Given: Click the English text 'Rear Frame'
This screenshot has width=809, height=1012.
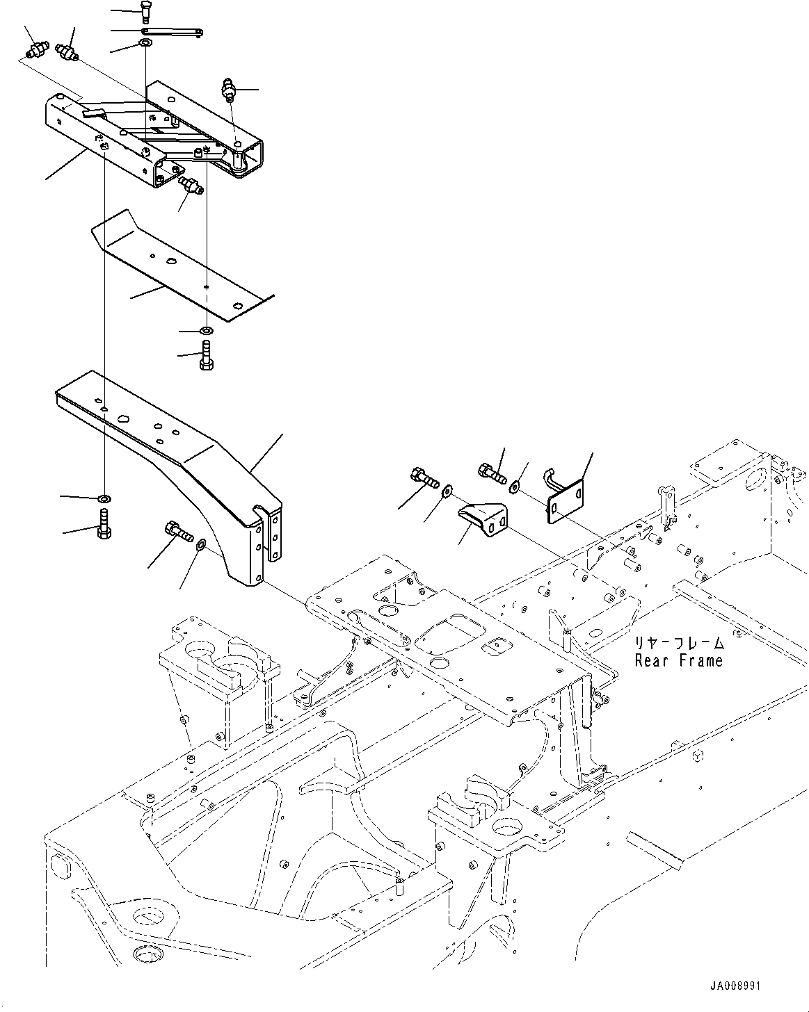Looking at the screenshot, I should (x=678, y=661).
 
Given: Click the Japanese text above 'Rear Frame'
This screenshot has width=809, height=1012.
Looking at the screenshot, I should (x=678, y=644).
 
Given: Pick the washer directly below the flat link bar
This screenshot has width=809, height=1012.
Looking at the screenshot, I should (x=145, y=44).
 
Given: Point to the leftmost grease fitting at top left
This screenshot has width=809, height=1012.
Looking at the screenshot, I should (x=33, y=50).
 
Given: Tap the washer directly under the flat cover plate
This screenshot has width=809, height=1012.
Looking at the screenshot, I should (x=207, y=329).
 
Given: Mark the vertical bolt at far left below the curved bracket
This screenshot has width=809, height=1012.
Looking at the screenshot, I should (x=104, y=523).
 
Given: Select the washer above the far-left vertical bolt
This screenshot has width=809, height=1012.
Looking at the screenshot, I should (x=104, y=498).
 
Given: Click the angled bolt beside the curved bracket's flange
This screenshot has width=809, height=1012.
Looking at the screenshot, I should (x=177, y=533).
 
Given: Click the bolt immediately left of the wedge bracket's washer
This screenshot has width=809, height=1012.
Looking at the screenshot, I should (x=423, y=479).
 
